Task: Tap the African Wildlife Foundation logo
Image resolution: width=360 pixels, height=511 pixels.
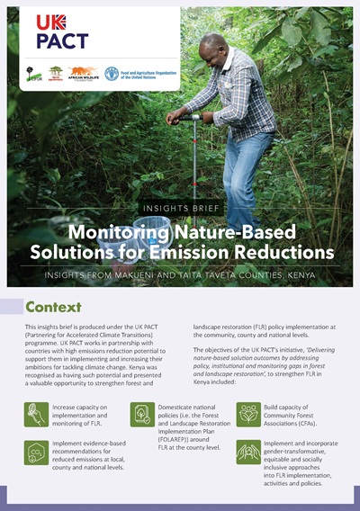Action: [x=84, y=73]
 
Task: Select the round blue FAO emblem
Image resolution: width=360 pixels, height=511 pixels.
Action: [x=112, y=73]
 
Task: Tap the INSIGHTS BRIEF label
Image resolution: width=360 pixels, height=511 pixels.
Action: [x=180, y=206]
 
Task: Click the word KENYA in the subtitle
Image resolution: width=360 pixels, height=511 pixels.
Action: [x=309, y=271]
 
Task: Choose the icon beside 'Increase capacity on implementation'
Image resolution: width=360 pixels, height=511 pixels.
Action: [x=39, y=414]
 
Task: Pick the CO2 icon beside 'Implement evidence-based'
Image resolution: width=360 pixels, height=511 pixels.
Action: [x=39, y=451]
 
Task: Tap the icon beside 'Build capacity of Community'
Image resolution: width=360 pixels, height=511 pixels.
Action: [x=249, y=414]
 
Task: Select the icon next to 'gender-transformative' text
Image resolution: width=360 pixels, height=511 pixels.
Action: [x=249, y=451]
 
